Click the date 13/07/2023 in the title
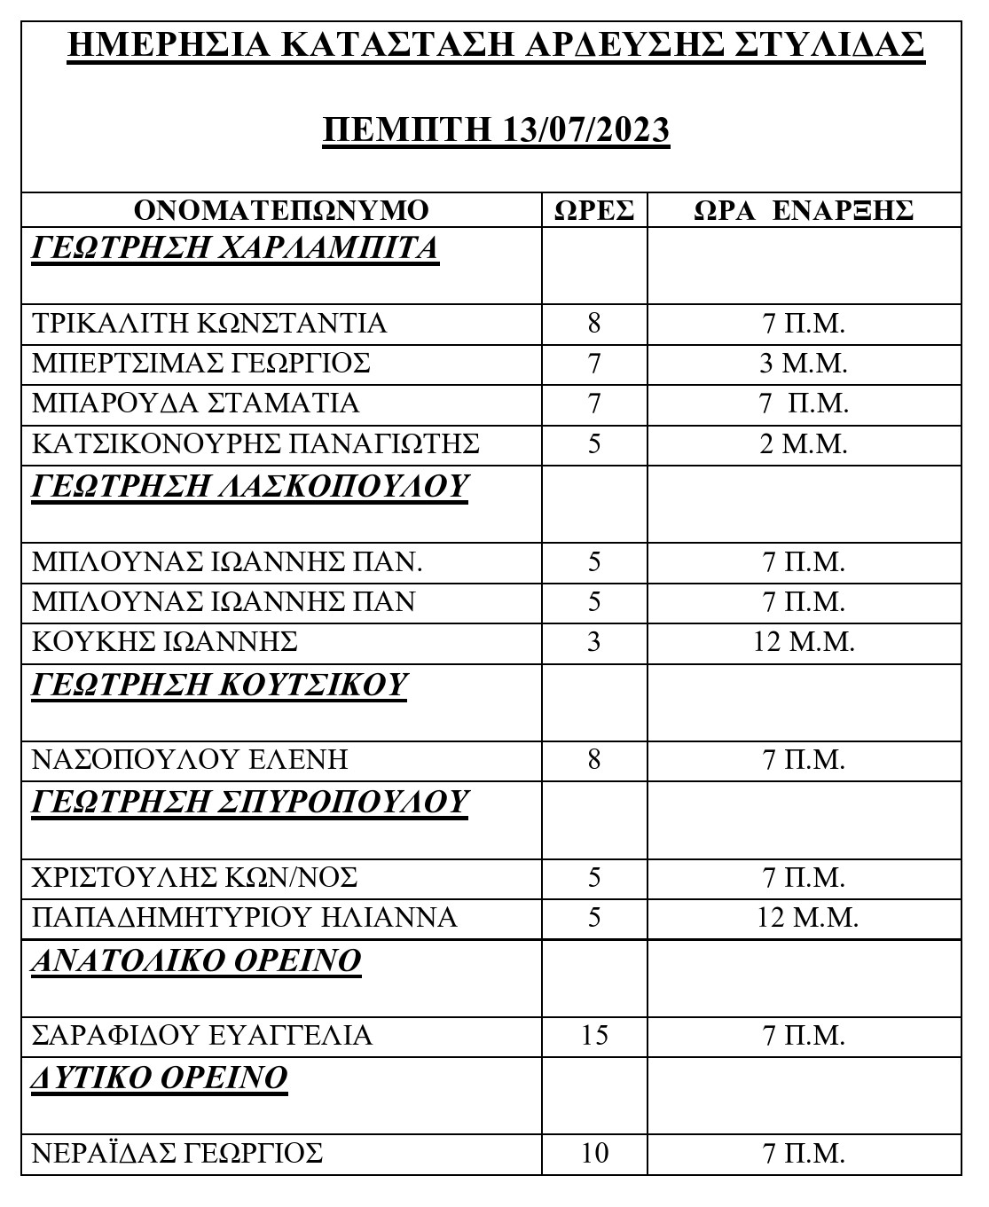click(x=585, y=129)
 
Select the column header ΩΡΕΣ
click(x=594, y=210)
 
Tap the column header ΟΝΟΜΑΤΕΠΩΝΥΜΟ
click(x=281, y=210)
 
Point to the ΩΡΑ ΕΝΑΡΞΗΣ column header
click(x=804, y=210)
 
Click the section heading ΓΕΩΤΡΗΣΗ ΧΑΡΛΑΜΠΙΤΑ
click(x=235, y=247)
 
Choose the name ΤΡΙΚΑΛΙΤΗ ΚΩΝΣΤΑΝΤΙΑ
click(x=209, y=323)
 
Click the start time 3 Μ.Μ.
click(x=804, y=364)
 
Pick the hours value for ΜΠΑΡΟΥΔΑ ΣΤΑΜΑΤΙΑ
click(x=594, y=404)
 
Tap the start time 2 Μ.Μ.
click(x=804, y=443)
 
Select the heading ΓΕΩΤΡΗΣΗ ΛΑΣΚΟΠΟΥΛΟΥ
click(x=249, y=486)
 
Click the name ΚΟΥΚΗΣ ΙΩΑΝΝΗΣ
click(x=165, y=641)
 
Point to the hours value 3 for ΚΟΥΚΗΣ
click(x=594, y=641)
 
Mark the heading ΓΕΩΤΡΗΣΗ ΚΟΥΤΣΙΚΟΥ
click(x=219, y=685)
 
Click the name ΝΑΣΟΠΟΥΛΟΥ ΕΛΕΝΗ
click(x=190, y=760)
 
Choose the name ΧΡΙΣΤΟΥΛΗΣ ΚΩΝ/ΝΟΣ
click(x=195, y=878)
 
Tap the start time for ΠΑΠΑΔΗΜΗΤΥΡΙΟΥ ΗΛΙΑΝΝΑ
click(x=807, y=917)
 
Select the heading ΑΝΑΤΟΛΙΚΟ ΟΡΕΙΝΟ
click(x=196, y=960)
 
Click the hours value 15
click(x=594, y=1035)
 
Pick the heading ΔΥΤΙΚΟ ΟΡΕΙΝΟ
click(x=160, y=1078)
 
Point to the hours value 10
click(x=594, y=1154)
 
